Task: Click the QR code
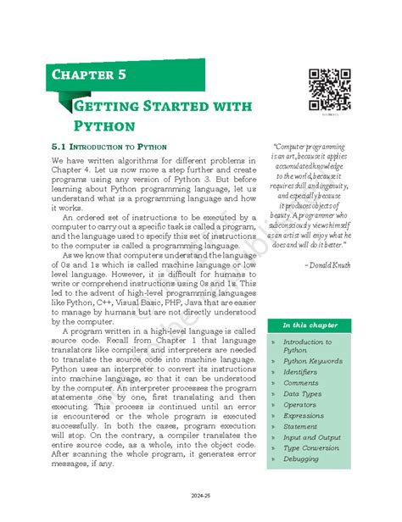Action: [329, 89]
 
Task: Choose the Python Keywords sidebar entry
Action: [313, 360]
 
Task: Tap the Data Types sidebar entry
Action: [303, 393]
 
